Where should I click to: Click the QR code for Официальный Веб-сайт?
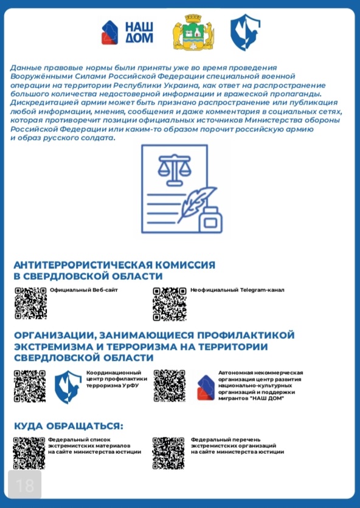point(30,302)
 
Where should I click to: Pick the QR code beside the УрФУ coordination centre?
point(30,386)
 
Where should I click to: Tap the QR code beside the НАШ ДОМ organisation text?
point(170,386)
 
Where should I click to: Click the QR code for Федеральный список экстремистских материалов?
point(30,452)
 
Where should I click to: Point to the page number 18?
point(24,485)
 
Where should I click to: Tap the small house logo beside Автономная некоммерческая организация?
point(205,387)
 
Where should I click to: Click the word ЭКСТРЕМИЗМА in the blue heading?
point(60,346)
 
